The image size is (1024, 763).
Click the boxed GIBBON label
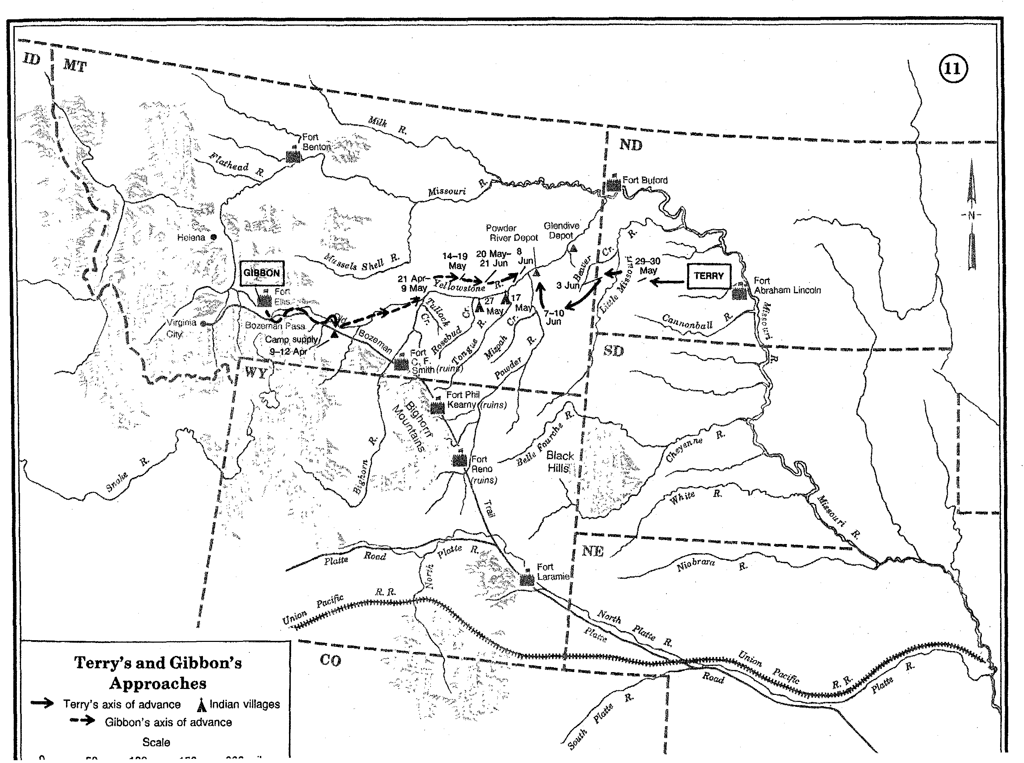pyautogui.click(x=262, y=273)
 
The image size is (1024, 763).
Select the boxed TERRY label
pyautogui.click(x=708, y=276)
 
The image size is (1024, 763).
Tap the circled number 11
pyautogui.click(x=952, y=69)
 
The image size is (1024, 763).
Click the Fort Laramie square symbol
pyautogui.click(x=527, y=580)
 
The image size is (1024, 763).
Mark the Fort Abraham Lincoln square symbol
pyautogui.click(x=739, y=293)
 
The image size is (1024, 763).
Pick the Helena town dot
pyautogui.click(x=214, y=237)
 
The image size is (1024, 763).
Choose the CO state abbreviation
pyautogui.click(x=330, y=661)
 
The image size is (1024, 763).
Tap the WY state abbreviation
pyautogui.click(x=256, y=372)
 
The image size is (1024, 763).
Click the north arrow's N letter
pyautogui.click(x=971, y=215)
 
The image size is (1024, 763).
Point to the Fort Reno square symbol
pyautogui.click(x=460, y=460)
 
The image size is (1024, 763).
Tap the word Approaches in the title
pyautogui.click(x=158, y=683)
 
